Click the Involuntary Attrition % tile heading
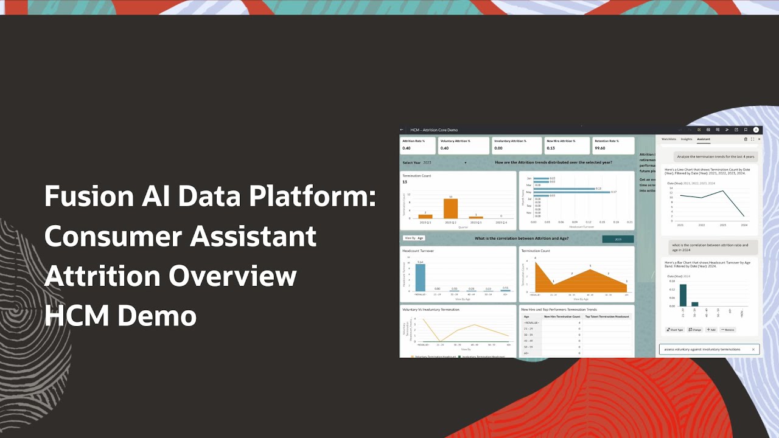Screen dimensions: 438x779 point(510,141)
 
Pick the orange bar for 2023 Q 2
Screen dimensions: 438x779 point(450,209)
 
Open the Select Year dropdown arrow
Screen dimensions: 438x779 point(466,163)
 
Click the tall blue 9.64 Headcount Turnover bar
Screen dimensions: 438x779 point(420,277)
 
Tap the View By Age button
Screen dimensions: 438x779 point(414,238)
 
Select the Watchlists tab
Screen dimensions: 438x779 point(668,139)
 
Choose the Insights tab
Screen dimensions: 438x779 point(686,139)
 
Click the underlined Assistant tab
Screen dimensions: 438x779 point(703,139)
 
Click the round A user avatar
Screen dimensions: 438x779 point(756,130)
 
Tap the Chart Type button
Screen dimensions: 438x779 point(674,330)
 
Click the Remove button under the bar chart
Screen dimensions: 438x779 point(727,330)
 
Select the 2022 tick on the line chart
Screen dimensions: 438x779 point(701,224)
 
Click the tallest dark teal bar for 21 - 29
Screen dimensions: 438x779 point(683,295)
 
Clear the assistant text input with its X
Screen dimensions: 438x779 point(753,349)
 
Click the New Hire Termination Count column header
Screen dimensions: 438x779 point(562,317)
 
